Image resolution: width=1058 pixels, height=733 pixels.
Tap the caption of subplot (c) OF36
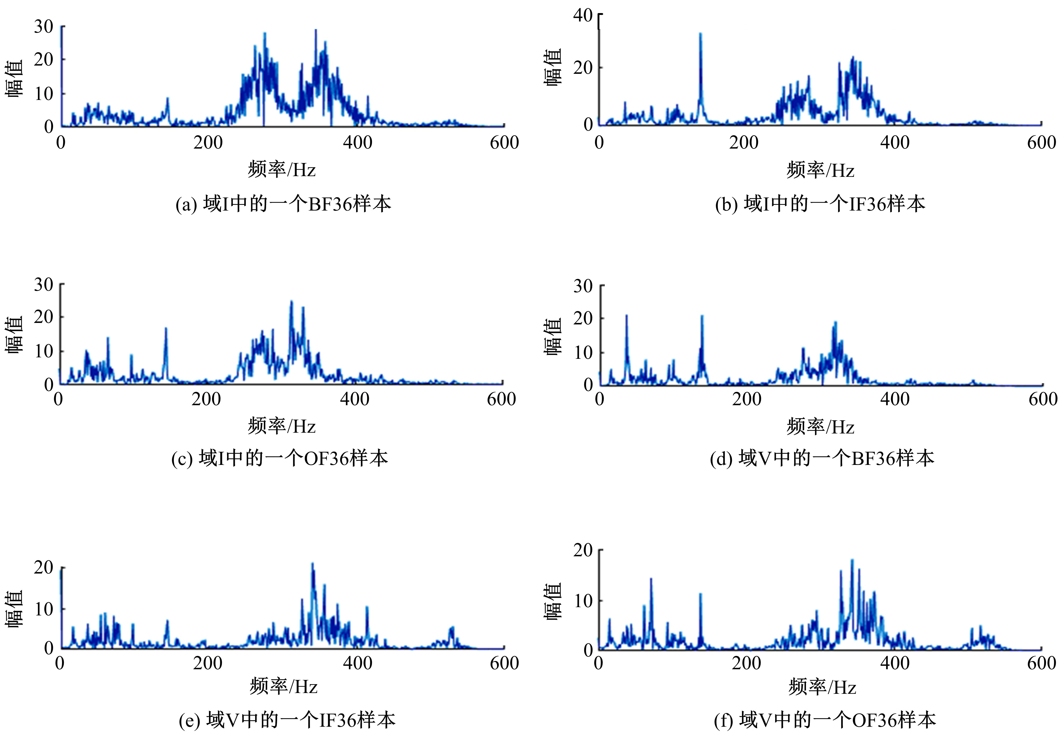[280, 458]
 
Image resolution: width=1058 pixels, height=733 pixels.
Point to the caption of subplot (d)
[822, 458]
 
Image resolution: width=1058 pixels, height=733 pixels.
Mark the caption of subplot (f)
[825, 720]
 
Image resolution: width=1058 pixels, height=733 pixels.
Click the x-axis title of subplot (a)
[282, 169]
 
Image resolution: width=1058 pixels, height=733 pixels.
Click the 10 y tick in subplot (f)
[583, 600]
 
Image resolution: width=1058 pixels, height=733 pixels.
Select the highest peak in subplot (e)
[313, 564]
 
